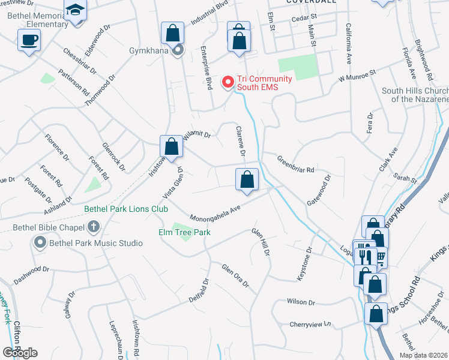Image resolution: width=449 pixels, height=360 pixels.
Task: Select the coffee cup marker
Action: (x=29, y=41)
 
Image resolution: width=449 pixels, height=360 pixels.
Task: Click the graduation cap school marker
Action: (x=76, y=10)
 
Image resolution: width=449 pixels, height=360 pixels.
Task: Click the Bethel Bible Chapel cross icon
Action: (x=92, y=227)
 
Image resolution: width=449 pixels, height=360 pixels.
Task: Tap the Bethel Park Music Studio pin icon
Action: (x=40, y=243)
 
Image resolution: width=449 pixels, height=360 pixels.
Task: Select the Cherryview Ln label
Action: (x=310, y=324)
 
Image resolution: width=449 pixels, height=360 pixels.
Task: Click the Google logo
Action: (x=20, y=353)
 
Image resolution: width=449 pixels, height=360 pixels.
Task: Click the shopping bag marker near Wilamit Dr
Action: (x=172, y=146)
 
